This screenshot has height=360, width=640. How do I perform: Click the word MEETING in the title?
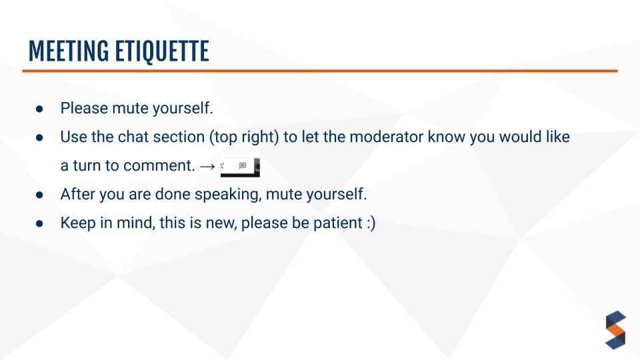69,51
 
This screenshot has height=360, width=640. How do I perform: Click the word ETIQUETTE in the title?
161,51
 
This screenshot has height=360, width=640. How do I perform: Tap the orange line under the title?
319,71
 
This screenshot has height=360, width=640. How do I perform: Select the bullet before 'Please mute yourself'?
39,109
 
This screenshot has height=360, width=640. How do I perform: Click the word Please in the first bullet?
84,108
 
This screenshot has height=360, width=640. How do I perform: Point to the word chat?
133,137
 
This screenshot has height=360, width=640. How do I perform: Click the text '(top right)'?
244,137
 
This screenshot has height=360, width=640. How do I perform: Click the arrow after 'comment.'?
207,166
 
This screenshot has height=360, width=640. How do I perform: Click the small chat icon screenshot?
240,167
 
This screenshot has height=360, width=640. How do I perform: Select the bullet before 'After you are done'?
39,195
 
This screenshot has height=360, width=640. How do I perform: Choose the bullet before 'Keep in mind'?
39,223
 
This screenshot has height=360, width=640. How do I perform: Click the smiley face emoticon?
371,223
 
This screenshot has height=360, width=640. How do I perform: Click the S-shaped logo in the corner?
615,330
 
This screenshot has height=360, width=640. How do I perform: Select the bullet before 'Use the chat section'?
39,137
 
